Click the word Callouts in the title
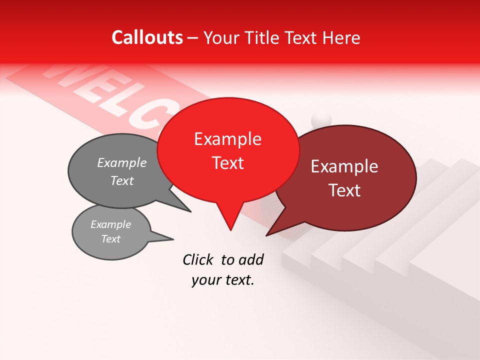[147, 37]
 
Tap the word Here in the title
[342, 37]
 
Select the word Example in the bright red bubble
[227, 139]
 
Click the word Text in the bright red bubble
[227, 163]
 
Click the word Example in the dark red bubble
[344, 166]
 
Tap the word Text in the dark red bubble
[344, 190]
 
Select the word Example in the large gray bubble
[122, 163]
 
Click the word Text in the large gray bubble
[122, 181]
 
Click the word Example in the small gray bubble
[110, 224]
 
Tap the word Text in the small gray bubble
[110, 239]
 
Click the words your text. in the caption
[223, 280]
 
